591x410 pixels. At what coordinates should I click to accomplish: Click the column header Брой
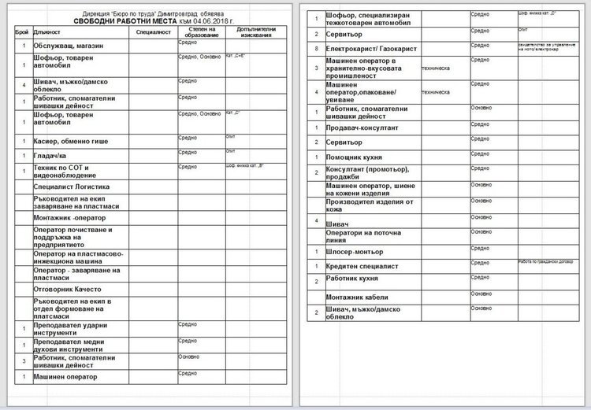point(21,33)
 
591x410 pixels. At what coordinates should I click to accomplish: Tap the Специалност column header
point(153,33)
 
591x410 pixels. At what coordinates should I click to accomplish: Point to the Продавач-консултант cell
point(362,127)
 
